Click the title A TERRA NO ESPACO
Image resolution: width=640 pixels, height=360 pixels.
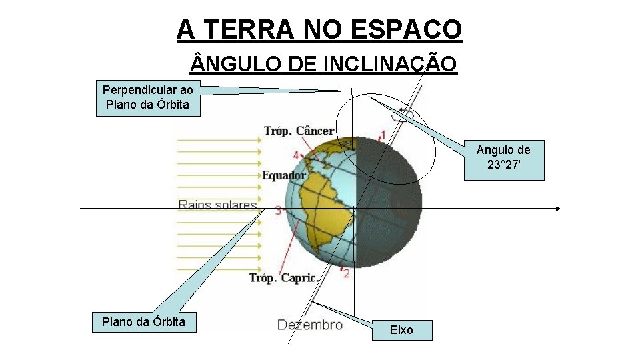click(x=319, y=29)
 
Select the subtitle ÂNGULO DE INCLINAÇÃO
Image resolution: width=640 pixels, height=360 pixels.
click(x=324, y=64)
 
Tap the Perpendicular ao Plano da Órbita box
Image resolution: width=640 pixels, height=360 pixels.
click(x=148, y=97)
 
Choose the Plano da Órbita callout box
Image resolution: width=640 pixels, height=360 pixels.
click(x=143, y=322)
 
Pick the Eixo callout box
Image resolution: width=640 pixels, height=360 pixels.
click(x=401, y=330)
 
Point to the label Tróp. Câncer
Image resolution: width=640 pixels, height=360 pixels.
click(x=298, y=131)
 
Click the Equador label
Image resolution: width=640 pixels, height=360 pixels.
click(x=283, y=175)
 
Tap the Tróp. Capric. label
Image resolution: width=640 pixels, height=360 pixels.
click(x=283, y=278)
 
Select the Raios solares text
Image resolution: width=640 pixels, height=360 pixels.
click(x=217, y=204)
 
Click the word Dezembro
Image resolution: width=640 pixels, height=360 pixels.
click(x=309, y=325)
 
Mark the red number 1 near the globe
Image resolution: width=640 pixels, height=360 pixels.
click(x=382, y=135)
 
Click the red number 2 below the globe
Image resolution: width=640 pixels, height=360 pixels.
click(x=347, y=273)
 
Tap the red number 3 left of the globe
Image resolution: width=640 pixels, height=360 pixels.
click(x=277, y=210)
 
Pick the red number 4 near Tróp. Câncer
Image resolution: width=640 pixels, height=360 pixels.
click(x=295, y=155)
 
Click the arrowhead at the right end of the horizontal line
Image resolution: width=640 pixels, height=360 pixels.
click(x=558, y=209)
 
